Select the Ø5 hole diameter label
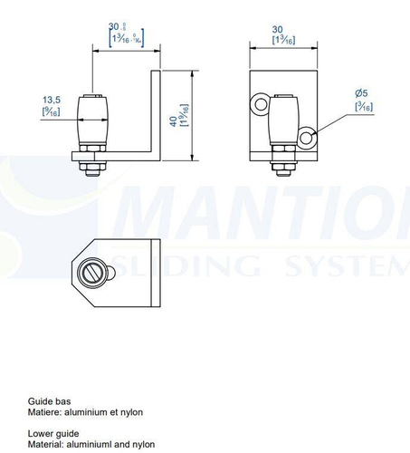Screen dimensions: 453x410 (x=362, y=94)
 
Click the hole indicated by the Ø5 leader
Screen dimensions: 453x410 (x=308, y=138)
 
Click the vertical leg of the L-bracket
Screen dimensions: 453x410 (x=156, y=113)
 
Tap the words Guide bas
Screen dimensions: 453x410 (x=49, y=400)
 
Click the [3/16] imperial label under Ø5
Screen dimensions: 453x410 (x=364, y=107)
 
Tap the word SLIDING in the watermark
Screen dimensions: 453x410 (x=190, y=265)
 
